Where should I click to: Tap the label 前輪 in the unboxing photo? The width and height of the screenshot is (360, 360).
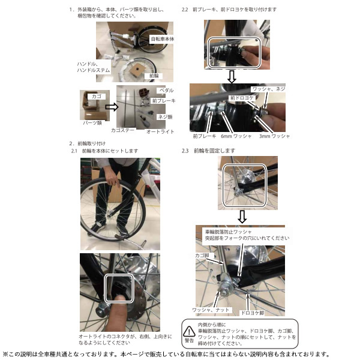click(x=152, y=76)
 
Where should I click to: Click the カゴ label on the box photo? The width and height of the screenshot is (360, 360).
click(x=94, y=95)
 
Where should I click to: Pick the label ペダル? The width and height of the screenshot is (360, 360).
click(x=166, y=91)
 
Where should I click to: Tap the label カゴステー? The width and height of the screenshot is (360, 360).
click(x=122, y=130)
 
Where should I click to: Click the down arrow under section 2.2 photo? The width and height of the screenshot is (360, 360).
click(x=232, y=76)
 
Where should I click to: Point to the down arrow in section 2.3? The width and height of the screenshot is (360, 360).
click(x=242, y=215)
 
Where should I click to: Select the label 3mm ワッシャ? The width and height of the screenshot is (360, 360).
click(x=275, y=136)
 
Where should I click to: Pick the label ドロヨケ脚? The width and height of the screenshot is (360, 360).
click(x=252, y=313)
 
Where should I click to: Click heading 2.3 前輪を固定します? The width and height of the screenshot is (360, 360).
click(x=208, y=150)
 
